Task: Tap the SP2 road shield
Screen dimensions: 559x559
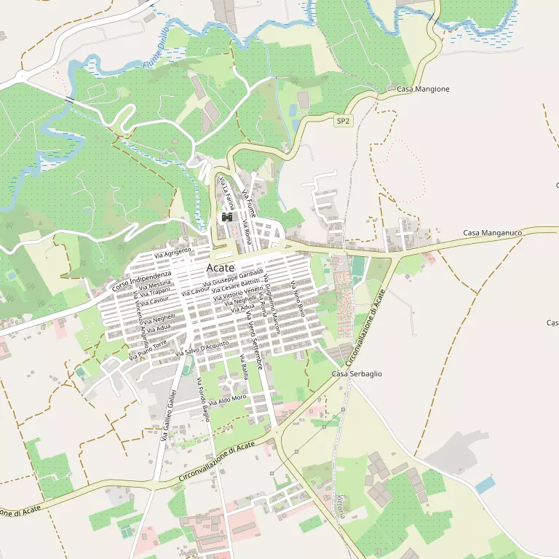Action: [344, 122]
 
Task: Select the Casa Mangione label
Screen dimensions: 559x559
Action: [423, 89]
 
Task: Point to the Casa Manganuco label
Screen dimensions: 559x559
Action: [493, 233]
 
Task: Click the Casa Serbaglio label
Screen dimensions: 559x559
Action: [357, 373]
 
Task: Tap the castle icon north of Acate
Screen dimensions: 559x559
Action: [227, 218]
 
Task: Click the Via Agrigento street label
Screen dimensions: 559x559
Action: [173, 253]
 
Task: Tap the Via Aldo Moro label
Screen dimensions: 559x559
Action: [228, 399]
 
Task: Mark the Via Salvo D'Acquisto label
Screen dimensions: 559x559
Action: [203, 348]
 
